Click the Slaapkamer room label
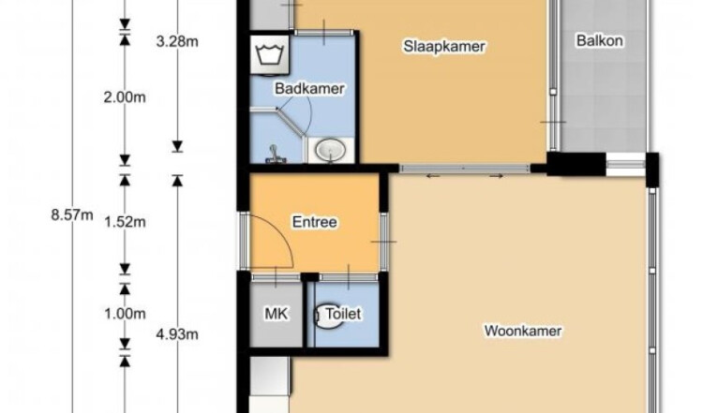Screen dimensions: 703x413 click(x=444, y=47)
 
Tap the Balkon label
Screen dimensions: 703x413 click(x=600, y=41)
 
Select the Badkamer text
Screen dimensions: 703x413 click(x=309, y=89)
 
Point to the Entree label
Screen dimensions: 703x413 click(x=314, y=222)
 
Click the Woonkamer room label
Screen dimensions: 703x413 click(x=523, y=331)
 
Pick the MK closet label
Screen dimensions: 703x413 click(x=277, y=314)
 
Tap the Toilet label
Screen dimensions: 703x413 click(x=343, y=314)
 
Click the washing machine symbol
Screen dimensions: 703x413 click(x=269, y=54)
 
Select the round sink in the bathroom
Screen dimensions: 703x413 click(x=331, y=150)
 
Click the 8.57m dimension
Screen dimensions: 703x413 click(x=72, y=215)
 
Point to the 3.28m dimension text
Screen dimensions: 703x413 click(x=177, y=41)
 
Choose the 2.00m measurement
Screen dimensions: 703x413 click(x=125, y=97)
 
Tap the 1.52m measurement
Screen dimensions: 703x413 click(x=125, y=222)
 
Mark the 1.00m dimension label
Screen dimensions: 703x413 click(x=125, y=314)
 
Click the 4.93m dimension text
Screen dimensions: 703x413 click(x=177, y=334)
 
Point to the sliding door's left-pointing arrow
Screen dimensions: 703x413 click(x=432, y=176)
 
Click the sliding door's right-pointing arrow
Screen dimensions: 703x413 click(x=496, y=176)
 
